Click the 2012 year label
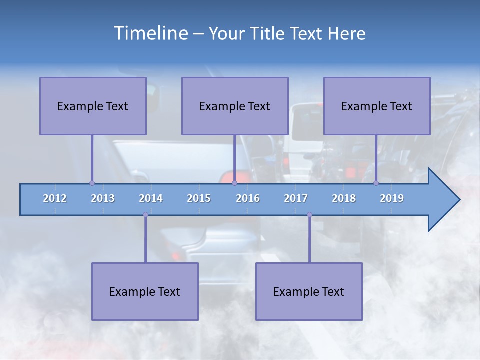click(x=55, y=198)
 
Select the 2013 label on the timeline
click(x=103, y=198)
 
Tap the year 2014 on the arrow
click(x=151, y=198)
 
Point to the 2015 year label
click(x=199, y=198)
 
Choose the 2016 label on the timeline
click(x=248, y=198)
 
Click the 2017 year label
click(x=296, y=198)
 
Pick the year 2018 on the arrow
click(x=344, y=198)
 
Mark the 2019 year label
click(x=392, y=198)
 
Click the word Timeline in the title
click(x=150, y=33)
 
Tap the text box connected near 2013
click(x=93, y=106)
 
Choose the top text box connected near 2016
click(x=235, y=106)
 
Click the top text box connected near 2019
click(x=377, y=106)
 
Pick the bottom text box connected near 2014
click(x=145, y=291)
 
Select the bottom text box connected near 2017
click(x=309, y=291)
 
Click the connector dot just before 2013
click(x=92, y=183)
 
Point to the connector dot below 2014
click(x=145, y=215)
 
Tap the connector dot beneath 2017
click(x=309, y=215)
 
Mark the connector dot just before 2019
click(x=376, y=183)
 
